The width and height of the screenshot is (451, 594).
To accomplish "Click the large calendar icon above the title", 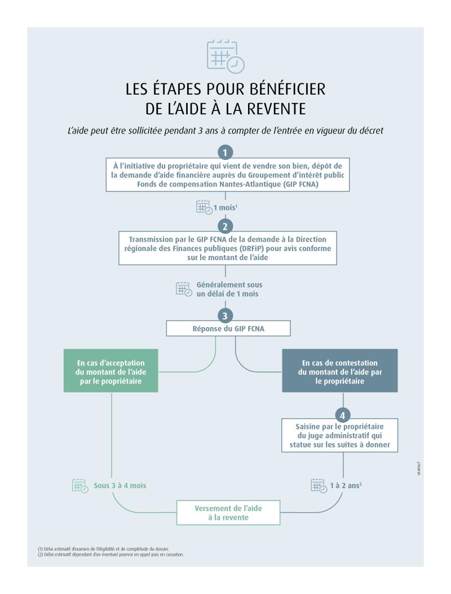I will coord(225,57).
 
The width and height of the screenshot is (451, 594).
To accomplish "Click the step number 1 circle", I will coord(225,152).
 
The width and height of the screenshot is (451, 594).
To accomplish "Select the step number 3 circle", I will coord(225,315).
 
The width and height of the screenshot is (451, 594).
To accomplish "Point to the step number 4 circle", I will coord(343,415).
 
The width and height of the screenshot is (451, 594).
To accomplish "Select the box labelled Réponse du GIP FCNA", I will coord(225,329).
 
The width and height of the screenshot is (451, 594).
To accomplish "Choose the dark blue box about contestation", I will coord(340,370).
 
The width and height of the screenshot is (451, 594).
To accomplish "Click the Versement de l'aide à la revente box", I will coord(228,512).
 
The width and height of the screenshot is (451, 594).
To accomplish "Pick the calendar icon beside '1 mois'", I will coord(204,207).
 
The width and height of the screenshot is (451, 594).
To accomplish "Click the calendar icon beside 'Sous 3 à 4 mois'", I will coord(81,485).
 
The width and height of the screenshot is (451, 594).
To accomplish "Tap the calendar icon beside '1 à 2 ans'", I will coord(319,485).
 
